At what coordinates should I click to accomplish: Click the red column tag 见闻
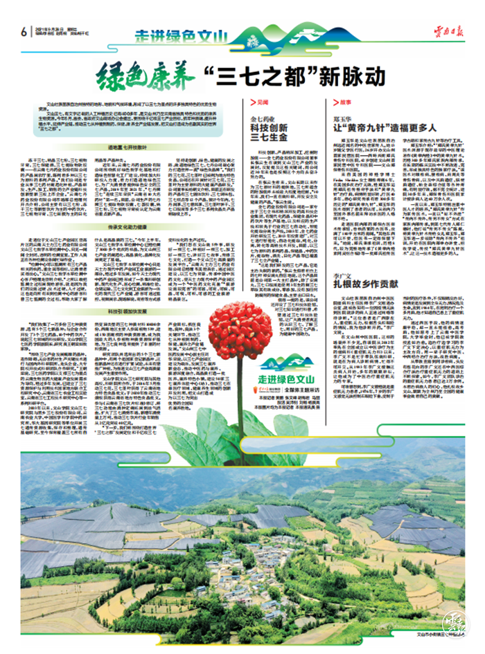coord(262,102)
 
